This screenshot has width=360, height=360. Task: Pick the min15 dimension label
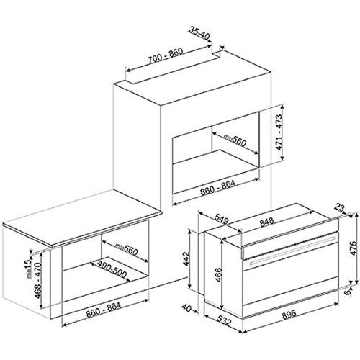coord(24,251)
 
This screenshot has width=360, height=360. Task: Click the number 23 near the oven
coord(338,208)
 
